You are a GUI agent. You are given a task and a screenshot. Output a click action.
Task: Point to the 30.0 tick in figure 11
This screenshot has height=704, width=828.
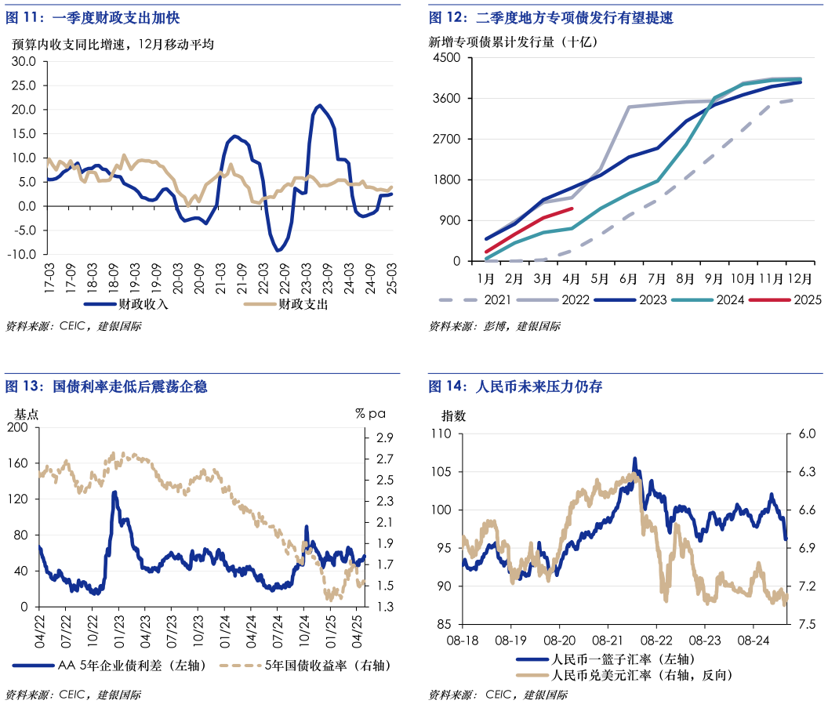[24, 61]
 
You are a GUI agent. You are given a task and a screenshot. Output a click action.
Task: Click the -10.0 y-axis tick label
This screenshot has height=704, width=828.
[22, 255]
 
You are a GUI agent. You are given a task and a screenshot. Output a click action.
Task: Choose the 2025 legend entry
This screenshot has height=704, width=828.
[807, 299]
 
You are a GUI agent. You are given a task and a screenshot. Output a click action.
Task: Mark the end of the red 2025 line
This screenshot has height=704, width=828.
[572, 209]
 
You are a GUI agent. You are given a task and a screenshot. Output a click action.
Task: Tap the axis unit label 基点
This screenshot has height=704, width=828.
[26, 413]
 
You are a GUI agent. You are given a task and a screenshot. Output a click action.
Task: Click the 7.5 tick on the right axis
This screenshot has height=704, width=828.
[806, 625]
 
